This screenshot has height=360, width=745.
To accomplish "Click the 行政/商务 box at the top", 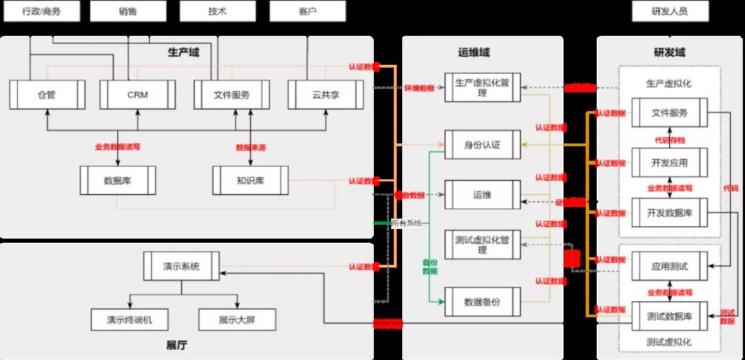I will tap(41, 11).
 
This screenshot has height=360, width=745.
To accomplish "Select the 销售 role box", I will tap(128, 11).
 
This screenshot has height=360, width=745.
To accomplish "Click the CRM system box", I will tap(137, 94).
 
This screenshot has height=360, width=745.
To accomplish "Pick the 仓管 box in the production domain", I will tap(46, 94).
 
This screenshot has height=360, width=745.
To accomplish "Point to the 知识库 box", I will tap(250, 180).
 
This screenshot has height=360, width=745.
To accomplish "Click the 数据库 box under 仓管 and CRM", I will tap(118, 180).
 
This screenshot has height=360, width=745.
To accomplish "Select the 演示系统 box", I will tap(181, 266).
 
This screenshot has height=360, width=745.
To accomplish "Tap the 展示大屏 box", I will tap(237, 319).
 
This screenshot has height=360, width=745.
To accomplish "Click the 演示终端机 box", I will tap(129, 319).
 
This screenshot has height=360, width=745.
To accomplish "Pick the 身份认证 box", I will tap(482, 144).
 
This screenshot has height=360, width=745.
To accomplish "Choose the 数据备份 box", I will tap(482, 301).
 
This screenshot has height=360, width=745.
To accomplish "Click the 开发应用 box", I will tap(670, 163).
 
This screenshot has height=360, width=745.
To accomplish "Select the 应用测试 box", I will tap(670, 266).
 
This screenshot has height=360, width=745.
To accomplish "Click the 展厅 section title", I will tap(177, 345).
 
